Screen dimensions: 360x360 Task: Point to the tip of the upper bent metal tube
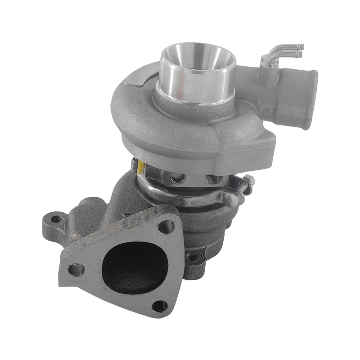tap(300, 46)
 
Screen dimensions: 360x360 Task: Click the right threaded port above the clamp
tap(212, 179)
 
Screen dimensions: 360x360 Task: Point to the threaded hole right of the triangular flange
tap(192, 256)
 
